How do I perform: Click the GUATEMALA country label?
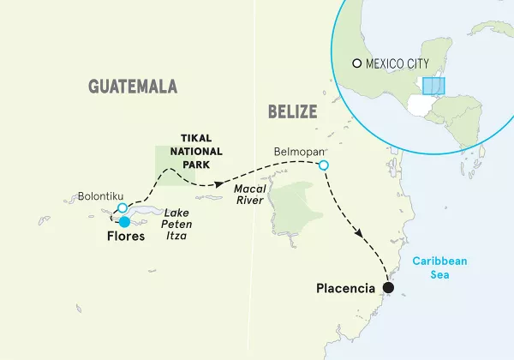pyautogui.click(x=133, y=86)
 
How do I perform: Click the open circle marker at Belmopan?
pyautogui.click(x=323, y=165)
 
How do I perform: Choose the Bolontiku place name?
pyautogui.click(x=95, y=195)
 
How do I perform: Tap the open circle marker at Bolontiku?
pyautogui.click(x=123, y=208)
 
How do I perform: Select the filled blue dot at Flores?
pyautogui.click(x=125, y=222)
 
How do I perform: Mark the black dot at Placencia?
pyautogui.click(x=388, y=288)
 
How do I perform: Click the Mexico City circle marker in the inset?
pyautogui.click(x=357, y=63)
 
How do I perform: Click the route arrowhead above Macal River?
pyautogui.click(x=220, y=184)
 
